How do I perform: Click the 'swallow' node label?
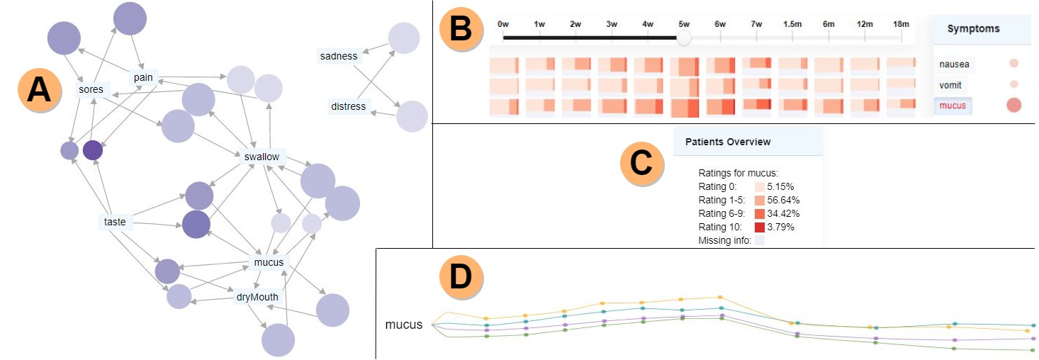click(262, 157)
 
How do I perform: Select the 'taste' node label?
click(114, 222)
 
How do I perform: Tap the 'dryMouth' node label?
click(257, 297)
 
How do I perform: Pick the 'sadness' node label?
click(338, 56)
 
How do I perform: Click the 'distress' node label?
click(348, 107)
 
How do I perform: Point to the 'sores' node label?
click(91, 90)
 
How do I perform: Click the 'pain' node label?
click(142, 77)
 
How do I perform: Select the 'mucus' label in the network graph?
click(268, 262)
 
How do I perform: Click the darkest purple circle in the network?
click(93, 150)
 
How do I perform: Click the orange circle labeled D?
click(461, 277)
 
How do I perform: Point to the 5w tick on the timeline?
click(684, 24)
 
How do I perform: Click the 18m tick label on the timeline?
click(901, 24)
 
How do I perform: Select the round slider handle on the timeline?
click(684, 38)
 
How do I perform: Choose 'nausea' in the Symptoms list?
click(954, 64)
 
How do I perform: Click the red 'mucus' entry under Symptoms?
click(952, 106)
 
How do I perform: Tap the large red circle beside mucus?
click(1013, 106)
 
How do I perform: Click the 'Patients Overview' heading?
click(728, 142)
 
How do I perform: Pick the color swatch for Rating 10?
click(759, 227)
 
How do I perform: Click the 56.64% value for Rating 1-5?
click(785, 200)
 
